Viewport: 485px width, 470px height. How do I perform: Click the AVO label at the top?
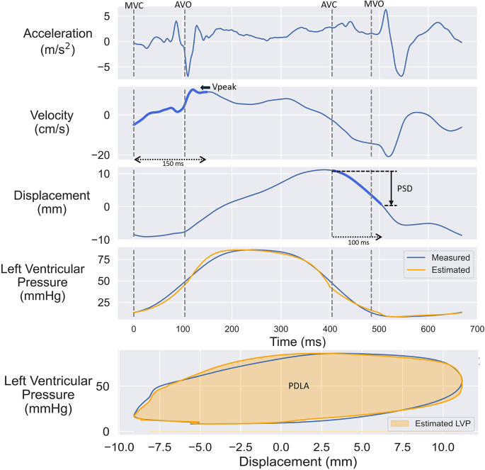click(x=183, y=5)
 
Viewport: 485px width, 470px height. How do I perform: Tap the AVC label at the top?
click(x=329, y=5)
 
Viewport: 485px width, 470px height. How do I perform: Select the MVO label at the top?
click(x=374, y=5)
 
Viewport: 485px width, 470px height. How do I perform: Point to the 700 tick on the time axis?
click(x=477, y=330)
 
